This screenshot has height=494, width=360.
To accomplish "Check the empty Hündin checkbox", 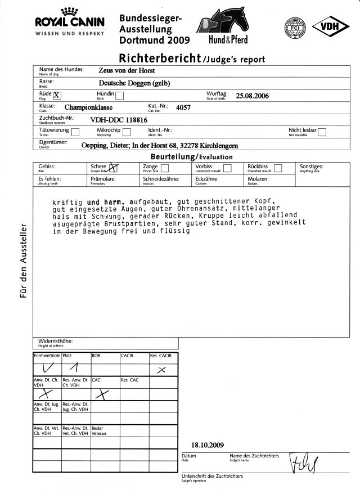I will coord(119,95).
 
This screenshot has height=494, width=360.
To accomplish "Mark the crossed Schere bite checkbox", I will coord(114,167).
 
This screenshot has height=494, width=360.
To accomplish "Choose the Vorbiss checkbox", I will coord(227,168).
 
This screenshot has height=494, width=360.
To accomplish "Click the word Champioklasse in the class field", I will coord(92,107).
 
